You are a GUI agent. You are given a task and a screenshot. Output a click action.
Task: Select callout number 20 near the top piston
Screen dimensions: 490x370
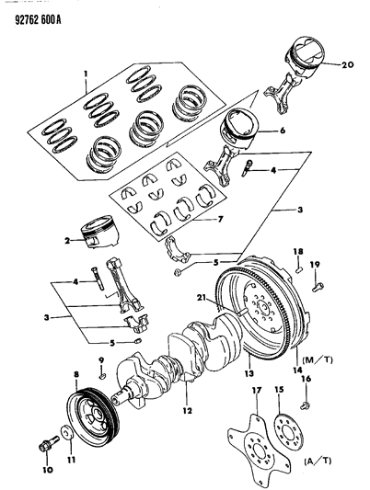point(346,65)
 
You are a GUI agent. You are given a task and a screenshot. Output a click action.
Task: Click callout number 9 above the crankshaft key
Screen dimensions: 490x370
point(101,359)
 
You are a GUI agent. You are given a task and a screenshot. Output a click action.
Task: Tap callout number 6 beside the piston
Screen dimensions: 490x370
point(283,131)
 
